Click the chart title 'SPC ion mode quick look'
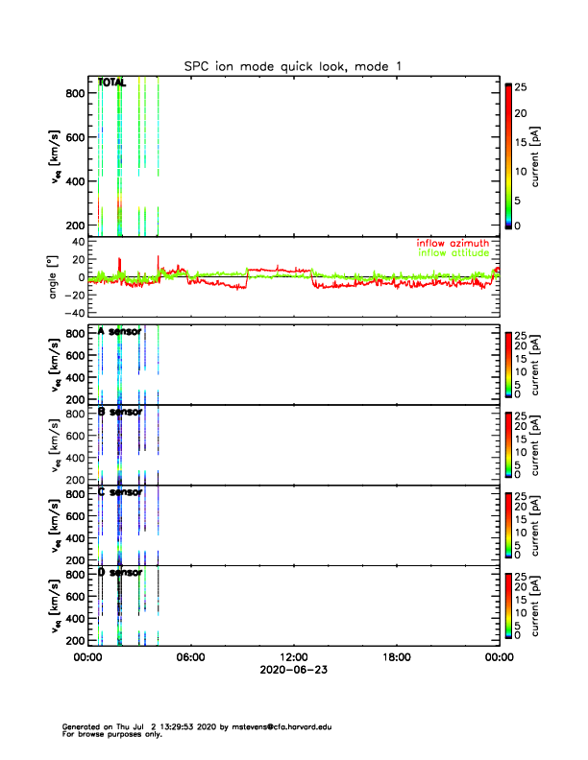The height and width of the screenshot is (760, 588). click(293, 65)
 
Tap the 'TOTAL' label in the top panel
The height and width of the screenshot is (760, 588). click(112, 83)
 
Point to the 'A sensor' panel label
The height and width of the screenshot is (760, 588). click(120, 331)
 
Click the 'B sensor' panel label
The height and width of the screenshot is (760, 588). click(120, 412)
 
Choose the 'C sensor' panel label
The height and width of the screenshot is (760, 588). click(120, 492)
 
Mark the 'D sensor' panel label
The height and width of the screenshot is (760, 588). click(120, 573)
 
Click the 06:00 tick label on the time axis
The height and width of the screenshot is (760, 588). click(191, 657)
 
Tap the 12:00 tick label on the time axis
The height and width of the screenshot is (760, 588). click(294, 657)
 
